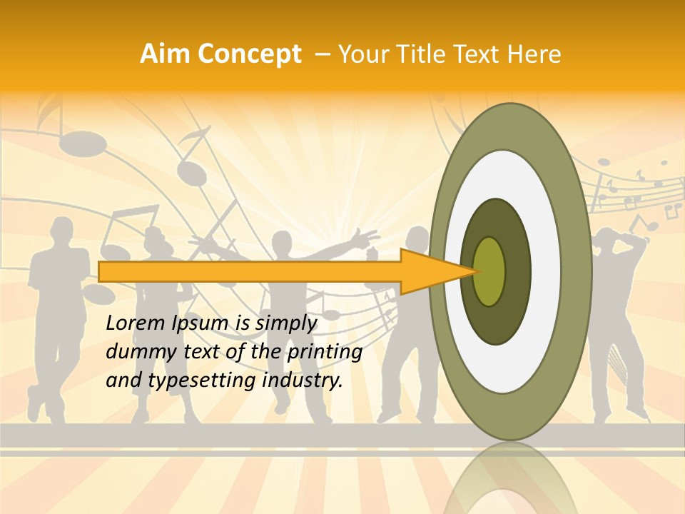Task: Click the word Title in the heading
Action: [x=429, y=54]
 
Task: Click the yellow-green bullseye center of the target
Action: [x=489, y=271]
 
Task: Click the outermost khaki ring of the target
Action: [x=577, y=271]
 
